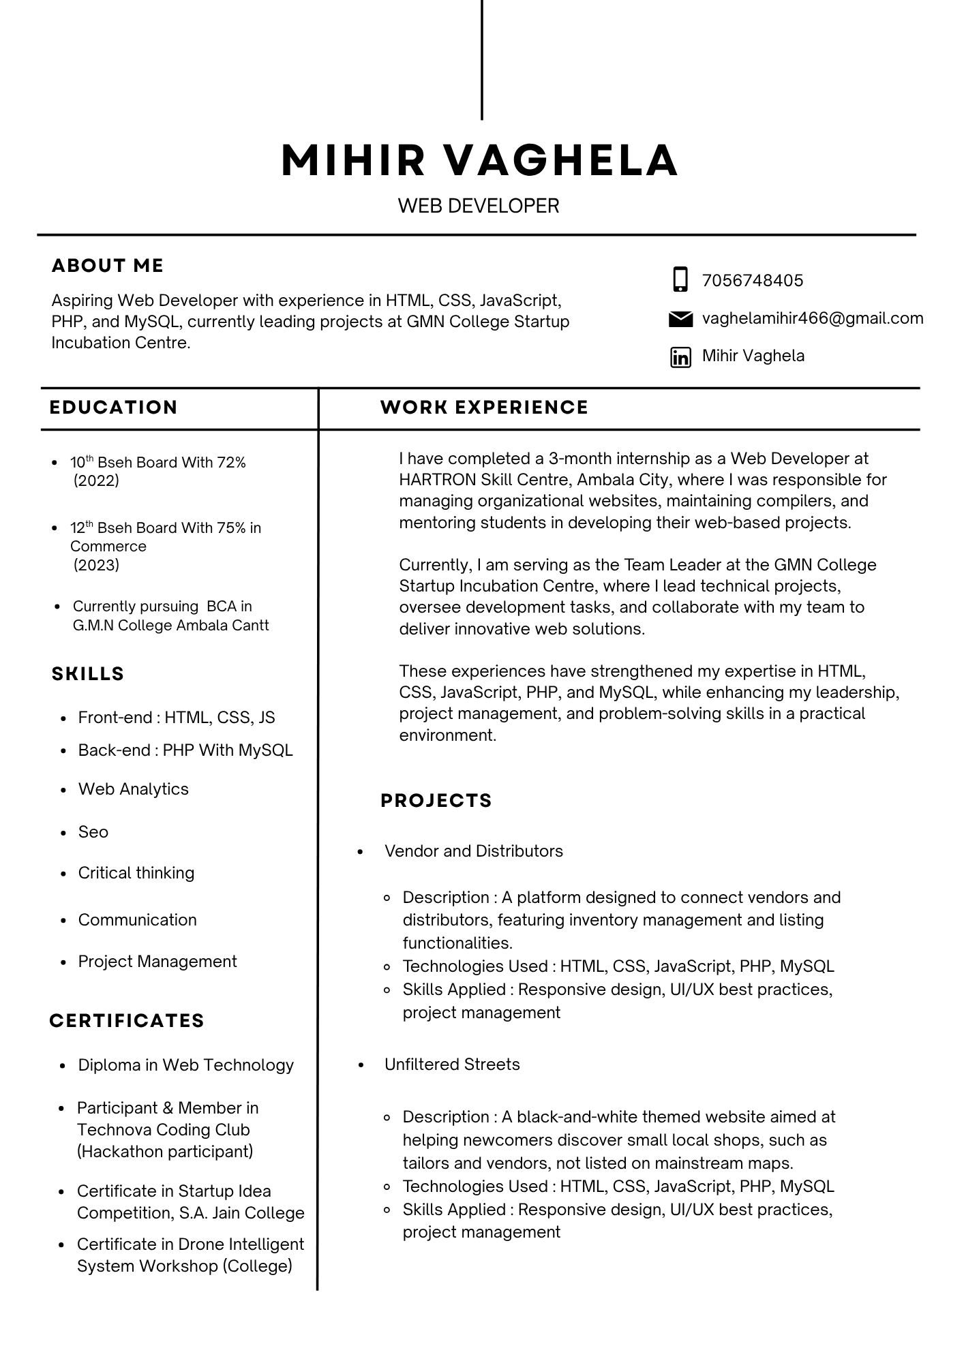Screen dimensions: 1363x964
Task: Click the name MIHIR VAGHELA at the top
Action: [479, 161]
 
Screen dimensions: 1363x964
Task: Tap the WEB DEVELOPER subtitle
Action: [479, 206]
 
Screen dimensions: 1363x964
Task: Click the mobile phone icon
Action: [680, 280]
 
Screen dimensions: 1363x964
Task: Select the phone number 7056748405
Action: [753, 281]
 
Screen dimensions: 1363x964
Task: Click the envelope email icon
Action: [680, 319]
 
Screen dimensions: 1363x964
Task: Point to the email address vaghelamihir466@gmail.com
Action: [813, 318]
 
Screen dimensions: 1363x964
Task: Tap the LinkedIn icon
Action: [680, 356]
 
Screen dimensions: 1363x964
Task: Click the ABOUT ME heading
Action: [108, 266]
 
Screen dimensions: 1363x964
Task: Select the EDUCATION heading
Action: [113, 408]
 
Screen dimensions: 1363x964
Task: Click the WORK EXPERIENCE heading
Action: [484, 408]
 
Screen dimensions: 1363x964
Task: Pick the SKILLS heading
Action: [88, 674]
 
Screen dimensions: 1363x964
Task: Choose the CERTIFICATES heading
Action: [127, 1020]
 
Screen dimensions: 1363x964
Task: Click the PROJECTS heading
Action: [436, 800]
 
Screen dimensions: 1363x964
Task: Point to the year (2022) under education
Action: [96, 481]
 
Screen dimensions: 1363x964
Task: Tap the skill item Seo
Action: [93, 832]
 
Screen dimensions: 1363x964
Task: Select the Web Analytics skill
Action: [134, 789]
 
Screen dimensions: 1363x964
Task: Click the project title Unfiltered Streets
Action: [452, 1065]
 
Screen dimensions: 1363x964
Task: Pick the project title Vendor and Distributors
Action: [474, 851]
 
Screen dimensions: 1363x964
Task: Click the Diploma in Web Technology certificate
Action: [185, 1065]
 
